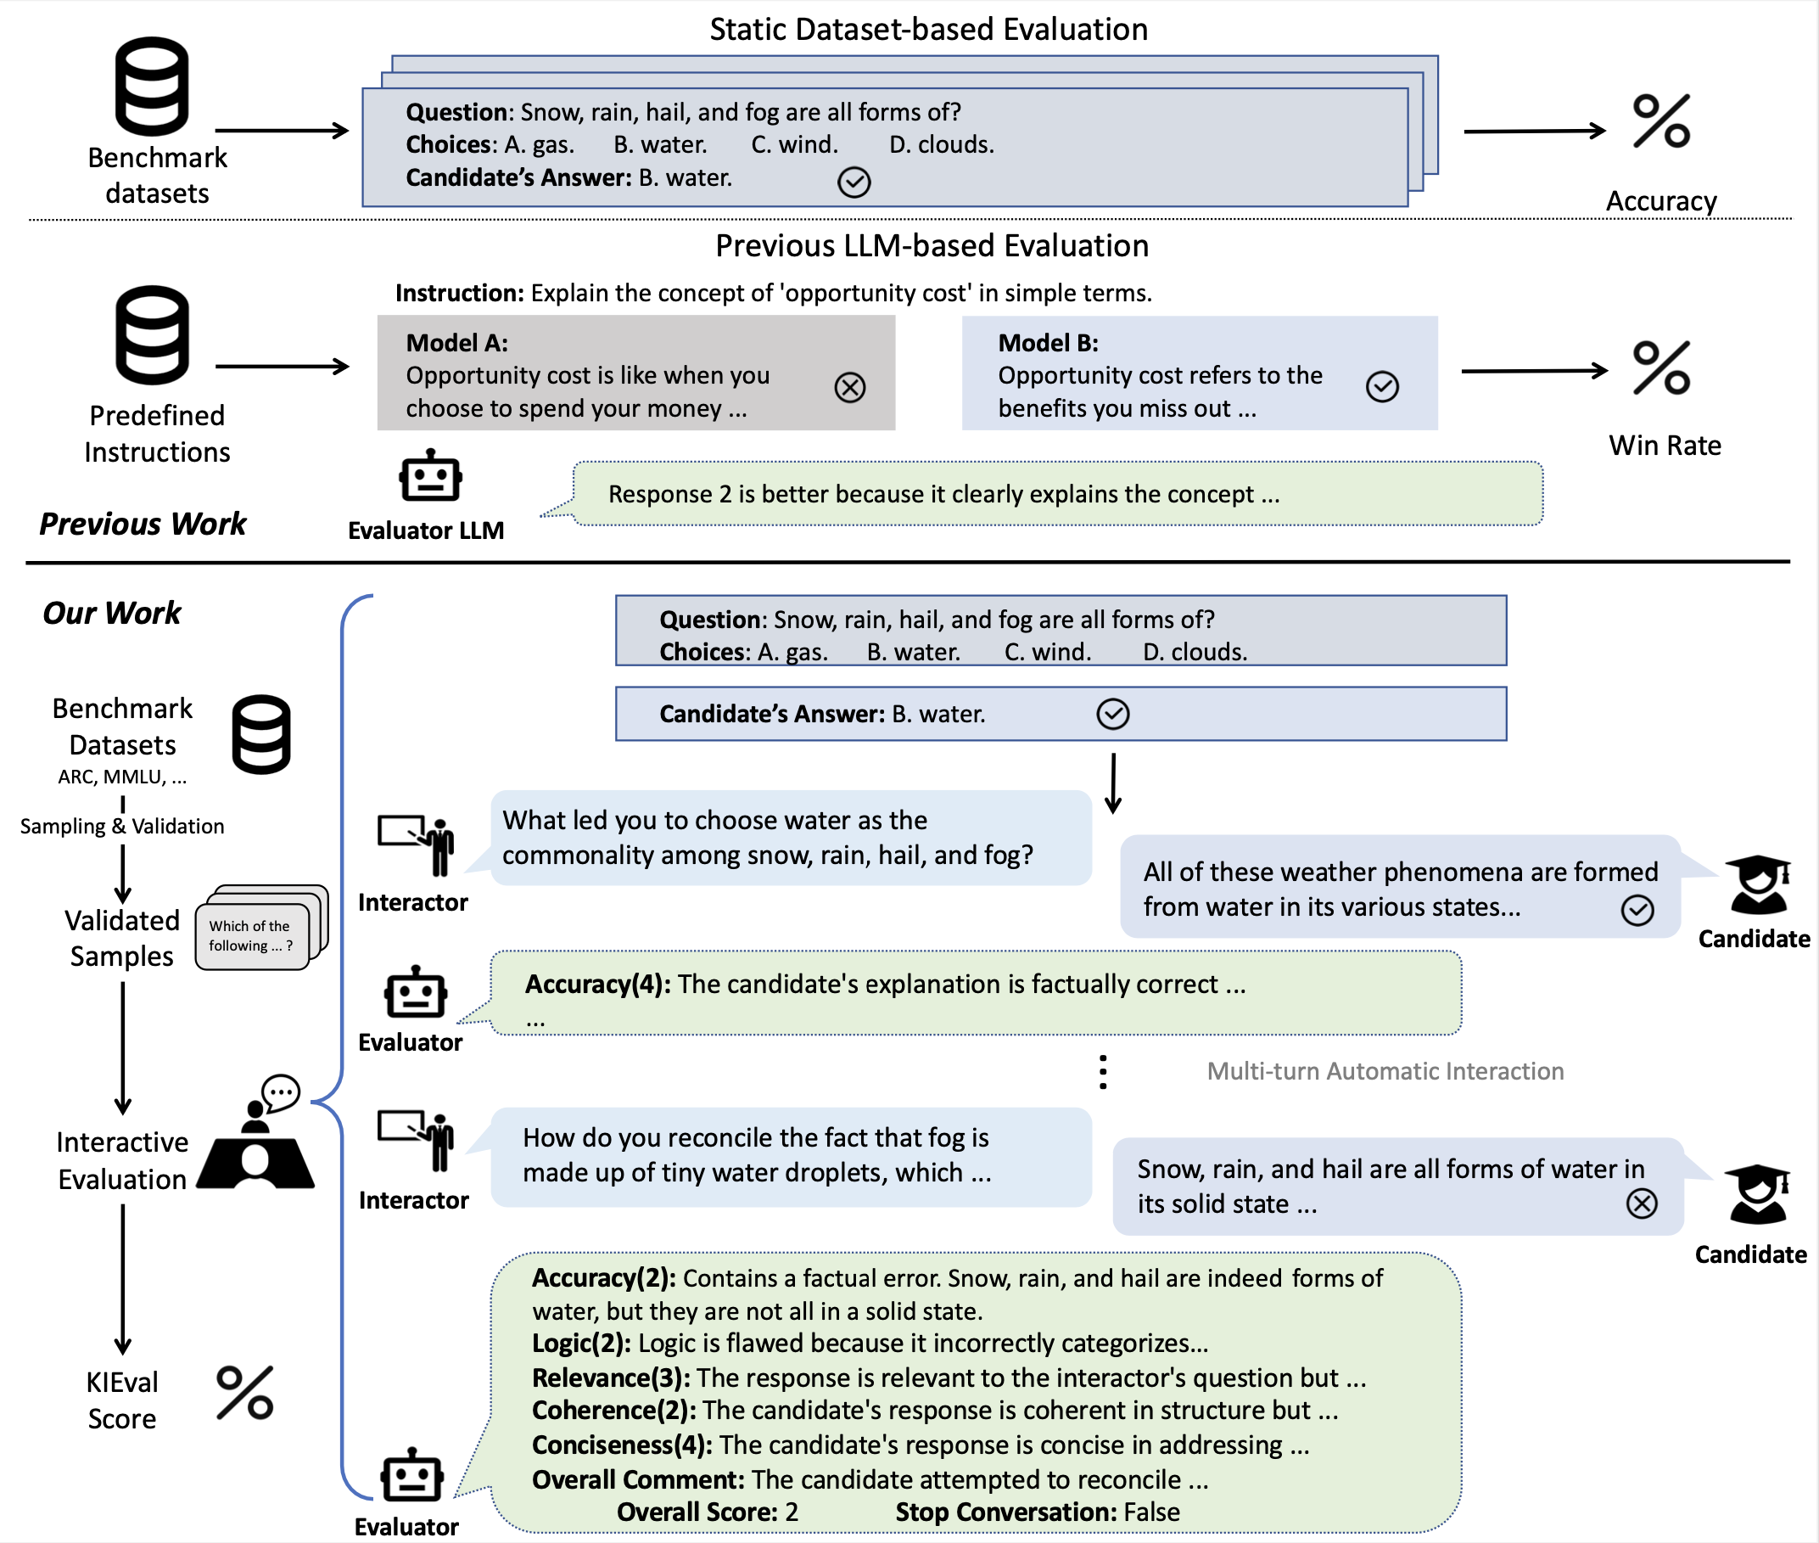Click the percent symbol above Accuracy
tap(1661, 121)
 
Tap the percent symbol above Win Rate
tap(1661, 368)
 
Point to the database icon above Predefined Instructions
tap(152, 335)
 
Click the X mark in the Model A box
tap(850, 387)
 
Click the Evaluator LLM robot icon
tap(430, 476)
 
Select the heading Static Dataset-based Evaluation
tap(929, 29)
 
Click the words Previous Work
tap(143, 523)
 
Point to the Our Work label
tap(112, 612)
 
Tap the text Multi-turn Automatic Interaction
tap(1385, 1070)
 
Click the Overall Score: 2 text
tap(708, 1512)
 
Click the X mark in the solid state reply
tap(1642, 1203)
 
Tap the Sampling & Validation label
tap(122, 826)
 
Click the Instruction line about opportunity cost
tap(773, 292)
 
